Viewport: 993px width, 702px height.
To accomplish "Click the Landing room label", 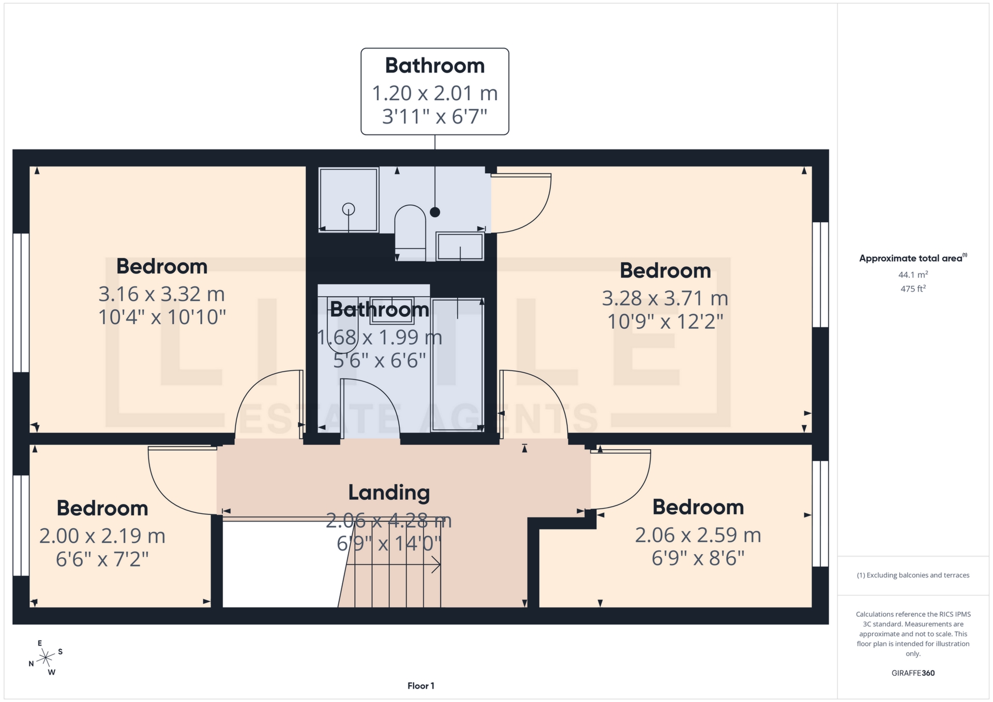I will click(389, 493).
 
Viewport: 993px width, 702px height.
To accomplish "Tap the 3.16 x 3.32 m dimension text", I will click(162, 294).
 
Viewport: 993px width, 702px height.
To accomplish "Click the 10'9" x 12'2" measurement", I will click(665, 322).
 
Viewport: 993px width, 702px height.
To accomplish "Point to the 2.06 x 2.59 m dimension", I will click(698, 535).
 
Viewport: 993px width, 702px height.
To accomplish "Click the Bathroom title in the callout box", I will click(435, 66).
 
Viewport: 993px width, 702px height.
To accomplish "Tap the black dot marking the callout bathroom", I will click(435, 212).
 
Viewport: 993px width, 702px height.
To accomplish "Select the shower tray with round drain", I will click(349, 200).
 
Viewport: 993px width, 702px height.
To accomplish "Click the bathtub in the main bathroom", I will click(457, 364).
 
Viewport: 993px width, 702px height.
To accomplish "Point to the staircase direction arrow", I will click(393, 565).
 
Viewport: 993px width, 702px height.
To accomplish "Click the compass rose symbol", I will click(46, 658).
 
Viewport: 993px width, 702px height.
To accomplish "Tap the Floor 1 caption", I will click(420, 686).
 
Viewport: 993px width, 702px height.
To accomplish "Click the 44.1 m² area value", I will click(913, 274).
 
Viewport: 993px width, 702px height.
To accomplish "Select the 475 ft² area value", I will click(913, 289).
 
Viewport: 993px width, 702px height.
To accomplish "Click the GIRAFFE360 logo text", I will click(913, 673).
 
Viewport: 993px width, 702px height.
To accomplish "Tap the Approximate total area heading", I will click(913, 258).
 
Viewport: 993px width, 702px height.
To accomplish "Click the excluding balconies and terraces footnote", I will click(913, 575).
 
